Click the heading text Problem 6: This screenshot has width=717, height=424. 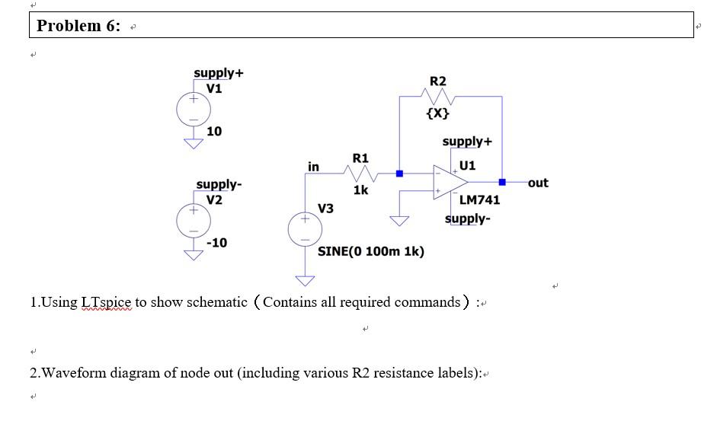78,26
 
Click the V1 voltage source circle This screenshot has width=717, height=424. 194,110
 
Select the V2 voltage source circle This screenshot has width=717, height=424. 194,221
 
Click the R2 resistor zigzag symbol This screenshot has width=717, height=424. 438,97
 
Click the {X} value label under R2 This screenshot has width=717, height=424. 438,114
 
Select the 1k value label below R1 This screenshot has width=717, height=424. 360,190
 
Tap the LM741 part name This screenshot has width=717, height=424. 479,200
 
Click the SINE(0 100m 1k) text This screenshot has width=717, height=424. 371,251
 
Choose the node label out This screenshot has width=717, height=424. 537,183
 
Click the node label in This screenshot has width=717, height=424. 313,167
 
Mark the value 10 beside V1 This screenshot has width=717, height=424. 214,131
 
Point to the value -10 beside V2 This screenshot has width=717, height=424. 216,243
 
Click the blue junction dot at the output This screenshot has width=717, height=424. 502,183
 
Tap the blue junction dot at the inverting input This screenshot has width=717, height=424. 399,174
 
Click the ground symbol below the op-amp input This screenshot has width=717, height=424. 399,221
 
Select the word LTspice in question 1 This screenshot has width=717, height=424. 106,302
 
